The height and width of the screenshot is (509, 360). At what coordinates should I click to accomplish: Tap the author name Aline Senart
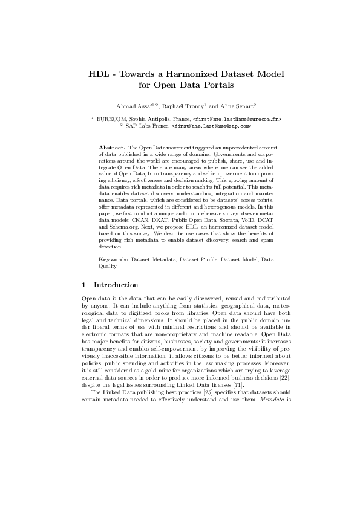(x=237, y=106)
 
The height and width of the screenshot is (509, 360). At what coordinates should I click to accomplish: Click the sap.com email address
(x=211, y=126)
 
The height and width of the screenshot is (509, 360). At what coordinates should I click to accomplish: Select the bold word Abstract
(x=111, y=148)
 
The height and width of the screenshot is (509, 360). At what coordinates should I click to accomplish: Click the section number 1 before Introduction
(x=83, y=285)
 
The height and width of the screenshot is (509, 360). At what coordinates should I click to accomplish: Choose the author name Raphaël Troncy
(x=185, y=106)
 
